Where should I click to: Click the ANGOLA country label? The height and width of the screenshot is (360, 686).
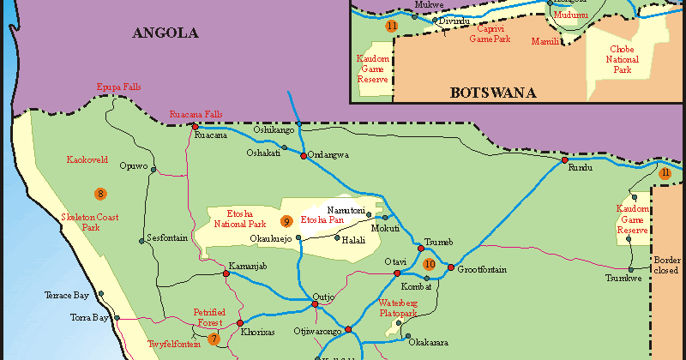point(165,33)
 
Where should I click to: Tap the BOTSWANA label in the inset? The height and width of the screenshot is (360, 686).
point(493,93)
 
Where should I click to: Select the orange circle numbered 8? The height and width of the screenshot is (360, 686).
point(100,194)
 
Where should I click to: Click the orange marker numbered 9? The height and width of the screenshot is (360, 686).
point(287,221)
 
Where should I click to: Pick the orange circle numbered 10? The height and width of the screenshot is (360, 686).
point(429,265)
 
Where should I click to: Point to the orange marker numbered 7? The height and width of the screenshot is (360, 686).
point(214,339)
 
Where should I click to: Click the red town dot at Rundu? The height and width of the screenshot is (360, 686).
point(564,160)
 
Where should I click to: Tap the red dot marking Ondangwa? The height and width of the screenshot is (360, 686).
point(303,156)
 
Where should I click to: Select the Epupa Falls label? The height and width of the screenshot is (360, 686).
point(117,87)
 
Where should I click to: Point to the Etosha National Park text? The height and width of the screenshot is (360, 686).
point(241,219)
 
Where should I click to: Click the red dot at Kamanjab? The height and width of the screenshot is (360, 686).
point(226,273)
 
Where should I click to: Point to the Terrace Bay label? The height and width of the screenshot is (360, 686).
point(67,295)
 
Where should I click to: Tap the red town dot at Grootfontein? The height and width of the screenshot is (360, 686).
point(451,267)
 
